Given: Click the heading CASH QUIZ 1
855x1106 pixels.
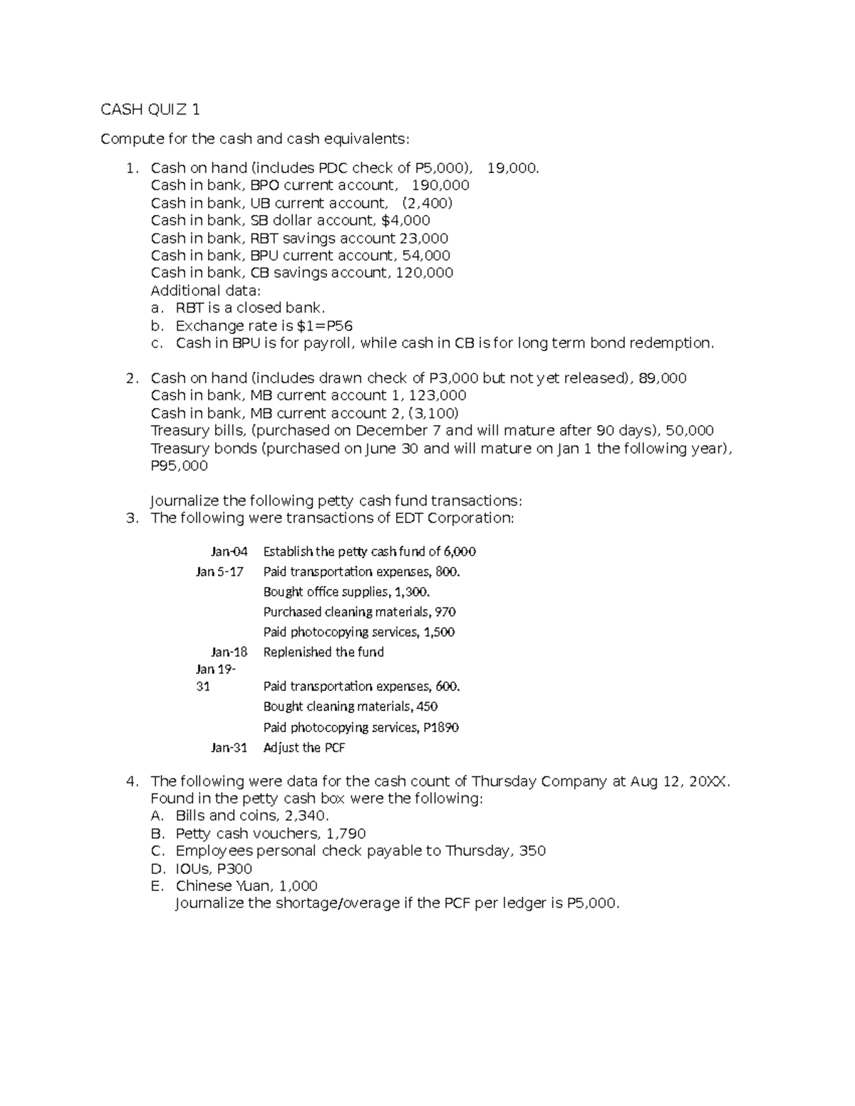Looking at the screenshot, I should (x=150, y=109).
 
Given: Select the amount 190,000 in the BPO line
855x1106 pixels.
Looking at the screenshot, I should (x=441, y=185).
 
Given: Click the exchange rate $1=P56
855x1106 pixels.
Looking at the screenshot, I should (x=316, y=325).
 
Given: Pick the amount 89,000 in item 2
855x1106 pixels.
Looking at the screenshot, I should (x=663, y=378).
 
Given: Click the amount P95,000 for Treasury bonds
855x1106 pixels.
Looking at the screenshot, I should (x=180, y=466).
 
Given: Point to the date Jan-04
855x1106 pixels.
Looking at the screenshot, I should (x=229, y=551).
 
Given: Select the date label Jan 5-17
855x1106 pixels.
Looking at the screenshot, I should (x=219, y=571).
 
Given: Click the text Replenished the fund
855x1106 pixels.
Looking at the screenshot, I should (x=323, y=652).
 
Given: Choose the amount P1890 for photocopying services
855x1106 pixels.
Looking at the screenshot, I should (x=441, y=727).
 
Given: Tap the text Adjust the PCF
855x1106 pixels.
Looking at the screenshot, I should (x=304, y=748).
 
